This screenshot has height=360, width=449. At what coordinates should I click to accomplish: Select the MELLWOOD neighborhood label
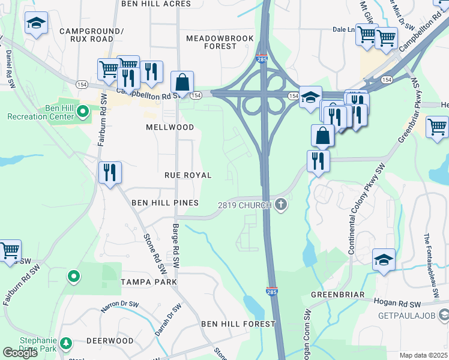pos(170,127)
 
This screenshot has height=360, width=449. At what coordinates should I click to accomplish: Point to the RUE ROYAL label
pos(188,175)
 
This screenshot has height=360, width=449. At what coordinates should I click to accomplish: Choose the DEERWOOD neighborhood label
pos(110,340)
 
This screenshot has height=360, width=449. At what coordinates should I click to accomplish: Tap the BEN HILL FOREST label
pos(238,323)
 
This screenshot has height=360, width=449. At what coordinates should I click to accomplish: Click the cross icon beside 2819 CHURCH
pos(280,205)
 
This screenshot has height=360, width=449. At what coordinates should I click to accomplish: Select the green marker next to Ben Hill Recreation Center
pos(84,110)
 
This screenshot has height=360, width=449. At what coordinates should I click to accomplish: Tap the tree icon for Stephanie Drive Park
pos(65,344)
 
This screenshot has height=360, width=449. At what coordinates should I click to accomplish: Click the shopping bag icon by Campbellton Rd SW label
pos(182,82)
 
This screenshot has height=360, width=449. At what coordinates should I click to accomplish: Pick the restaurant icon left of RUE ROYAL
pos(110,172)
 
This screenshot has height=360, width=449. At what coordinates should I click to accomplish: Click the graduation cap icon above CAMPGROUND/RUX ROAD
pos(36,23)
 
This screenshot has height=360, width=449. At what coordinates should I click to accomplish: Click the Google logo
pos(20,353)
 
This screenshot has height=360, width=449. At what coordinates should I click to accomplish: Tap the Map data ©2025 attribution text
pos(423,355)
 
